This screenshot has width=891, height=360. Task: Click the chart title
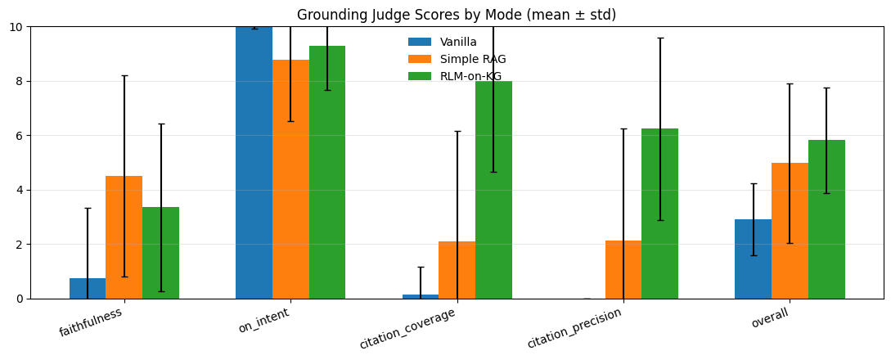coord(457,15)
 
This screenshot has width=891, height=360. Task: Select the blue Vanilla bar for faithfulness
coord(88,289)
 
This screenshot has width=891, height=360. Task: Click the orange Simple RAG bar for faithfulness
coord(124,237)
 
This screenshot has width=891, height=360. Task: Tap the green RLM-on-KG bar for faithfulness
coord(160,253)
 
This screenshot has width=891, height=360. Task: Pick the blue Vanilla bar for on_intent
coord(254,164)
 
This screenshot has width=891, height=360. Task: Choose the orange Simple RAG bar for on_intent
coord(290,180)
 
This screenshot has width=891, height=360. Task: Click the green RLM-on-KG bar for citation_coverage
coord(493,190)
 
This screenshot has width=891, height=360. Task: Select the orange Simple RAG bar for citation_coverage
coord(457,270)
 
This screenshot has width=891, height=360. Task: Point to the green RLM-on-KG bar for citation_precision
coord(659,214)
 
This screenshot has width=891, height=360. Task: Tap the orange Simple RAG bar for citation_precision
coord(623,270)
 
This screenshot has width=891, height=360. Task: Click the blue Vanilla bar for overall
coord(753,259)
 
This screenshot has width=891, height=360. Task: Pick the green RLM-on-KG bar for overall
coord(826,219)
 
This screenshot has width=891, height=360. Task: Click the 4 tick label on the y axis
coord(19,190)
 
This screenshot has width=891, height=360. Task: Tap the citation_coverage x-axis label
coord(408,328)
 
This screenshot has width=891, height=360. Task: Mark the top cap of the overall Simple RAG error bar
coord(790,83)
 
